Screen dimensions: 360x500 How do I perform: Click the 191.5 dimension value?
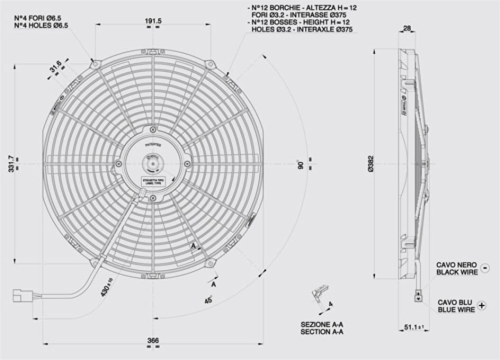point(153,21)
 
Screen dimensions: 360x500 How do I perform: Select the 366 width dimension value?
point(153,341)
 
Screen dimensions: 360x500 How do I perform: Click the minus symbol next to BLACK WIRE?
point(485,269)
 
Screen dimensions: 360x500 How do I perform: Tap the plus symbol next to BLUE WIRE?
point(482,305)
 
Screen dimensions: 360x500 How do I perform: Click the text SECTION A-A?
point(322,332)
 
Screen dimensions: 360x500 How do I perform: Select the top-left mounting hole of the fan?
point(95,65)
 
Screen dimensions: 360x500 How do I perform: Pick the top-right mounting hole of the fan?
point(210,65)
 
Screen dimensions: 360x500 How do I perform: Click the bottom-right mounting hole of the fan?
point(210,263)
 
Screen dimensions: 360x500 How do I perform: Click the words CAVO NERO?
point(456,264)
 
